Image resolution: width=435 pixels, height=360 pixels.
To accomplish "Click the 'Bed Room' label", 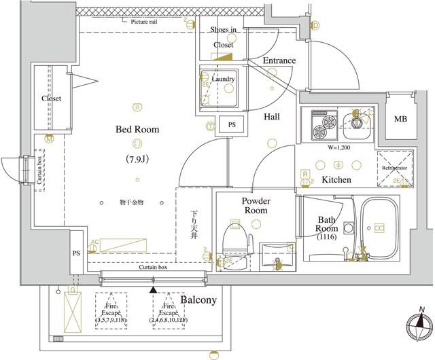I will [137, 129].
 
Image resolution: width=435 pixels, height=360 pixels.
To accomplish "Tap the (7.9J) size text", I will [137, 160].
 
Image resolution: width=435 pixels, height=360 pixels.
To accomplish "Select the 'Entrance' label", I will [279, 61].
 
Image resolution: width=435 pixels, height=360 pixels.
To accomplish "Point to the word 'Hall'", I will [272, 117].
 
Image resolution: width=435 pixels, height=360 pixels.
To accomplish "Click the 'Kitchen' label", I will [336, 180].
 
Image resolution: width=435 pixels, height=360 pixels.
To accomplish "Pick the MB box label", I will [402, 120].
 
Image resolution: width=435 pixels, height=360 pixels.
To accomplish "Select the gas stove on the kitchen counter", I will [324, 122].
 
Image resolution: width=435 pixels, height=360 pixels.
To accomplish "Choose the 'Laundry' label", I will [223, 79].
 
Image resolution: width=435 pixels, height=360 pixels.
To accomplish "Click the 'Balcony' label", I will [198, 300].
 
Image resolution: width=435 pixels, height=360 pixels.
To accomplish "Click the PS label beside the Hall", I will [232, 125].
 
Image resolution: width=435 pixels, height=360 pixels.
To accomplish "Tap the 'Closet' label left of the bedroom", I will [51, 98].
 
